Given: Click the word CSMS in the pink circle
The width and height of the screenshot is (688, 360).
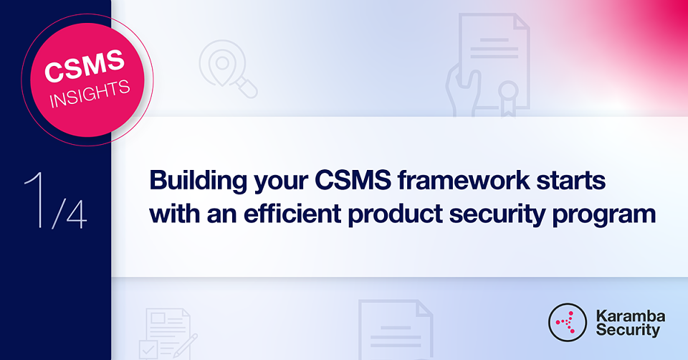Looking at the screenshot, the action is (x=85, y=66).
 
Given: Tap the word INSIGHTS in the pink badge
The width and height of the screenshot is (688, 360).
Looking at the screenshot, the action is (x=90, y=94).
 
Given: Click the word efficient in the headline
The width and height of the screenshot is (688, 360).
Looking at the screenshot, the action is (x=292, y=214).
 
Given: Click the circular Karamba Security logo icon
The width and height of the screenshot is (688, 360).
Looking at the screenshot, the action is (x=568, y=322).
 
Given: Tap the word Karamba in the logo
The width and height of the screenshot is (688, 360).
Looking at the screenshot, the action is (x=630, y=316).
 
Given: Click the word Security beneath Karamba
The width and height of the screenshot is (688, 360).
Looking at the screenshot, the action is (x=628, y=330).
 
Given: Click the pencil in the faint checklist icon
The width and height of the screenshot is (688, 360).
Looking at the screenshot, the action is (x=185, y=346).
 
